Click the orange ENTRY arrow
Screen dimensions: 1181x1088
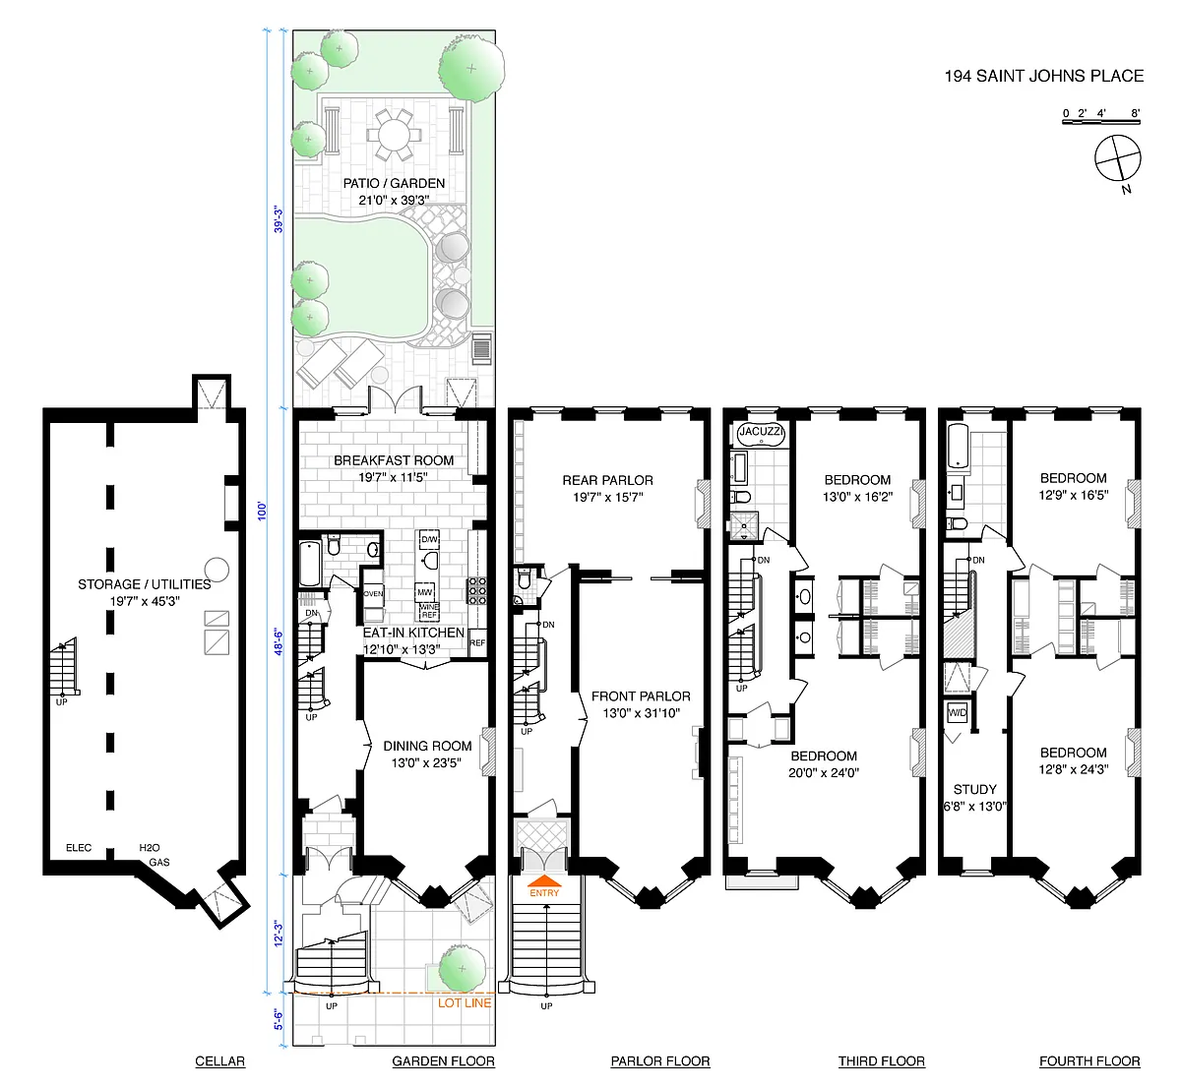pos(544,881)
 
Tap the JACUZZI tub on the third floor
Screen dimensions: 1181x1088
pos(761,433)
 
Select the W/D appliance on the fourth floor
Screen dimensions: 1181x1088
pos(957,712)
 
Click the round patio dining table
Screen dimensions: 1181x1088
pos(394,135)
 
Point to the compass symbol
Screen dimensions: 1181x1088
pos(1117,157)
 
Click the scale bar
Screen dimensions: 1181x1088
pos(1101,122)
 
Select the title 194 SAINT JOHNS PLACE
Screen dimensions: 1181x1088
pos(1044,76)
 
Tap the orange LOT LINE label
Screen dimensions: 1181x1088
pos(465,1002)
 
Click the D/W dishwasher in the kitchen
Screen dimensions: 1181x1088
pos(429,539)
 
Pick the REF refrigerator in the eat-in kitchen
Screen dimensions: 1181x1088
pos(477,643)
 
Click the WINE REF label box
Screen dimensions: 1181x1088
pos(429,611)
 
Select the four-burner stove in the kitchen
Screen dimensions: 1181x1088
pos(477,591)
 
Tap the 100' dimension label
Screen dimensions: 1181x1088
pos(262,511)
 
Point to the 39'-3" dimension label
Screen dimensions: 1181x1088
pos(279,220)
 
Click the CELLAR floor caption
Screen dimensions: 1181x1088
pos(220,1060)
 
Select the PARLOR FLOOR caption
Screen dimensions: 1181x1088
pos(660,1060)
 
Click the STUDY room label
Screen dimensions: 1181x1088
pos(975,789)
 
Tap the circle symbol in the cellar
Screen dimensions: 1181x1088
pos(217,570)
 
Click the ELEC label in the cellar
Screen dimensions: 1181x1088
pos(79,848)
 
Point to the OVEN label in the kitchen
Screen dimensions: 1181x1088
pos(373,593)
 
